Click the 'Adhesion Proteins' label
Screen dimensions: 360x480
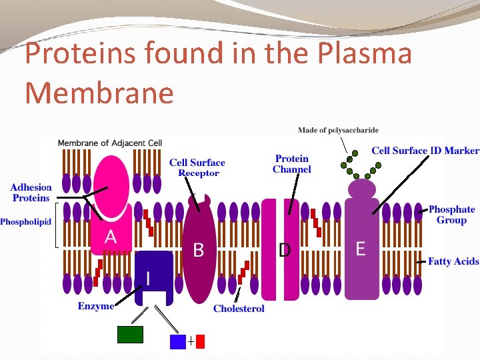(x=31, y=193)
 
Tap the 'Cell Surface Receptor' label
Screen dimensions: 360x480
(x=197, y=167)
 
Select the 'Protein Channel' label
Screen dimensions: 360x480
(x=291, y=164)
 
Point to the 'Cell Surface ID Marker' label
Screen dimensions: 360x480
(x=425, y=151)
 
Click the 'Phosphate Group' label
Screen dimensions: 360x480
(x=451, y=215)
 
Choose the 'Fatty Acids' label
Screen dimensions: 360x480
(x=453, y=261)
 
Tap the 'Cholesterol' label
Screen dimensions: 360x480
(x=239, y=309)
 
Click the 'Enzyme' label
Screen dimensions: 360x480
(x=95, y=306)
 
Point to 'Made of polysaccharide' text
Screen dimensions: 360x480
(x=337, y=130)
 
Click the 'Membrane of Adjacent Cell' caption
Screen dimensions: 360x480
(x=109, y=143)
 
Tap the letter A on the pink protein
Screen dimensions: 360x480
(x=111, y=237)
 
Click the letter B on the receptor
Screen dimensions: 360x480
(x=198, y=250)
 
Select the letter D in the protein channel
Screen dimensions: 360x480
(x=285, y=250)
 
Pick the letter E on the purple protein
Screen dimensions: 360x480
(x=360, y=249)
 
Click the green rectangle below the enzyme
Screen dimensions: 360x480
(x=130, y=334)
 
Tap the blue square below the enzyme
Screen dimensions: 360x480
(x=177, y=341)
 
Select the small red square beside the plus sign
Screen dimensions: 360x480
(x=200, y=341)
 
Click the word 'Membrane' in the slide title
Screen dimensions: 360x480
(x=99, y=93)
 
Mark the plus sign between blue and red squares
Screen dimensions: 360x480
(x=191, y=341)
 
